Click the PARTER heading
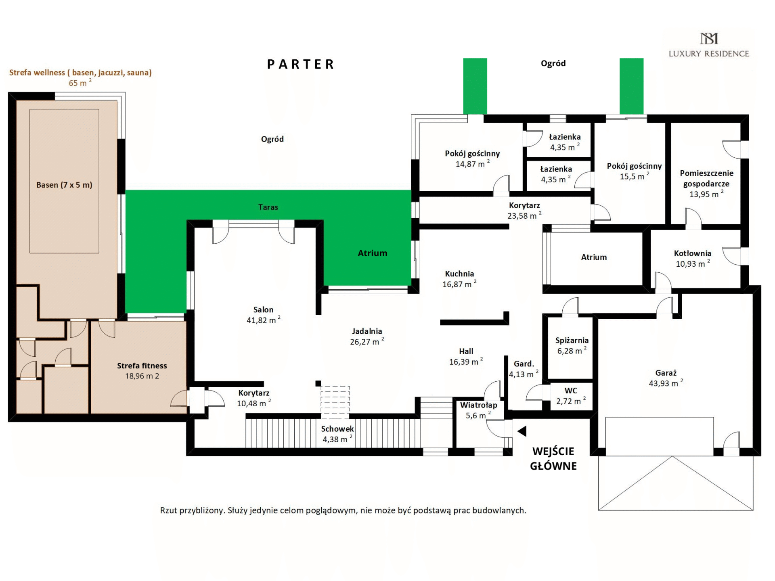coord(301,64)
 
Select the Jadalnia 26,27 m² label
coord(367,336)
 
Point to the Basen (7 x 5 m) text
coord(64,185)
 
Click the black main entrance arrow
coord(522,431)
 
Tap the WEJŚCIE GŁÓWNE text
coord(553,459)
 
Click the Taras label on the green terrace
coord(268,207)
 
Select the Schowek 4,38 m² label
coord(338,434)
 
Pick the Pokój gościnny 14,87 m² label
coord(472,159)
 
